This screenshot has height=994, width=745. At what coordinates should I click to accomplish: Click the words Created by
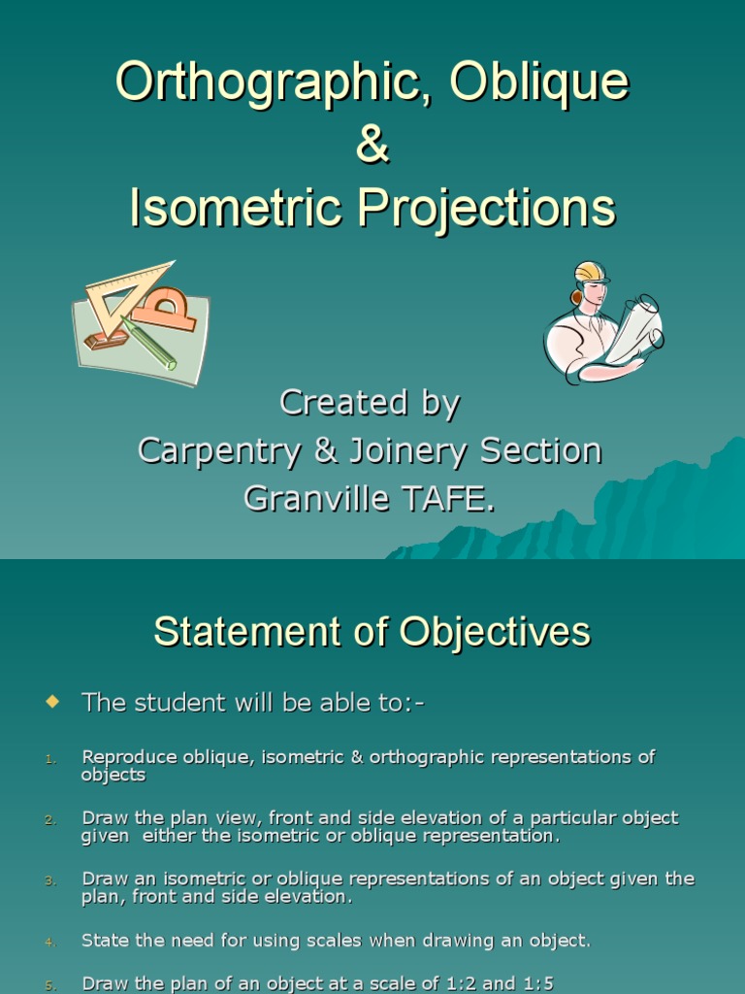pos(370,403)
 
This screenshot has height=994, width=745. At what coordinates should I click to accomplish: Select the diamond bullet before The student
pos(52,700)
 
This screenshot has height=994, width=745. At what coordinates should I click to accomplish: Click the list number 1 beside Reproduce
pos(50,758)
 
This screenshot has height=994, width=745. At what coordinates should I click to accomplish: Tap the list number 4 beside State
pos(50,942)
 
